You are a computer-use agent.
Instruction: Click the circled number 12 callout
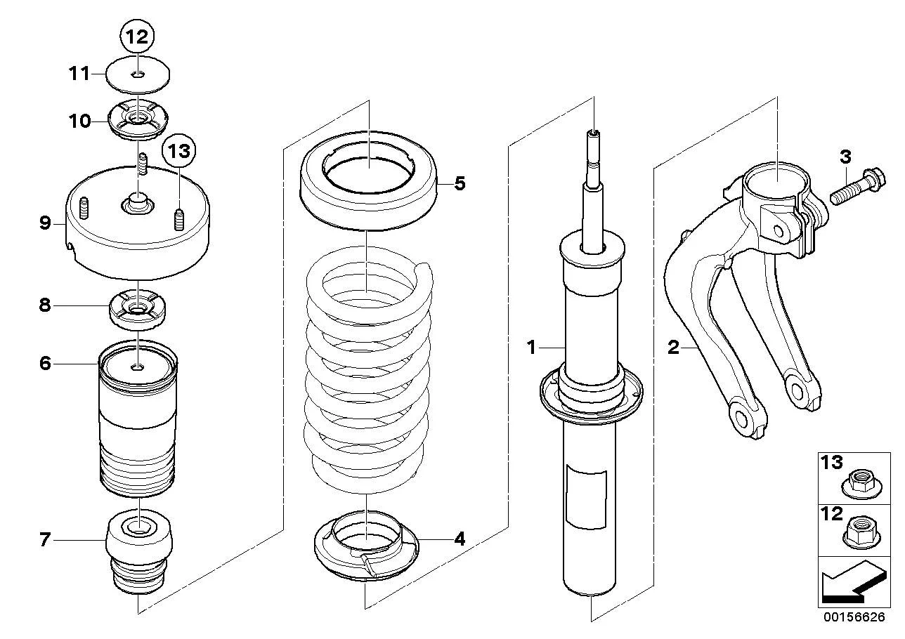pyautogui.click(x=137, y=37)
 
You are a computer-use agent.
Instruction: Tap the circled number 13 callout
pyautogui.click(x=179, y=152)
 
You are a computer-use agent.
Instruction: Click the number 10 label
pyautogui.click(x=80, y=121)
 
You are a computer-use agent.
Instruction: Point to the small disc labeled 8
pyautogui.click(x=138, y=309)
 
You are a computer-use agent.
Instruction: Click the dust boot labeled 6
pyautogui.click(x=138, y=421)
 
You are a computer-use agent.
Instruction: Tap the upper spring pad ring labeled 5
pyautogui.click(x=369, y=181)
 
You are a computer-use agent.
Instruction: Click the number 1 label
pyautogui.click(x=531, y=348)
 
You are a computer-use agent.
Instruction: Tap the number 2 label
pyautogui.click(x=674, y=348)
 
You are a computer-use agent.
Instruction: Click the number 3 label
pyautogui.click(x=845, y=157)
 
